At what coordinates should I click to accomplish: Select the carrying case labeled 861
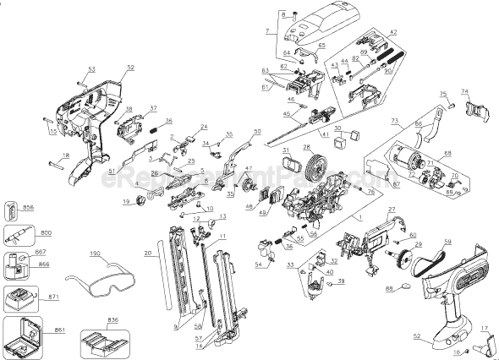coord(22,337)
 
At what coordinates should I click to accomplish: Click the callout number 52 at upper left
coord(130,68)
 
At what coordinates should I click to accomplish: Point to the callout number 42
coord(392,31)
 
